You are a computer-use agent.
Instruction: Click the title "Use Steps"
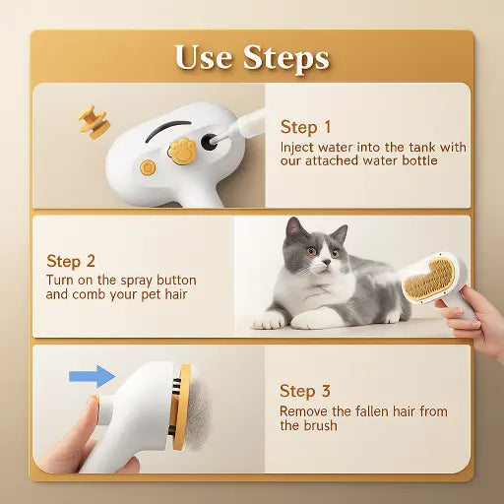[252, 56]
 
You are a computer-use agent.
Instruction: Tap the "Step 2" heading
[71, 261]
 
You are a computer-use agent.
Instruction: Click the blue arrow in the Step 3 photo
[92, 375]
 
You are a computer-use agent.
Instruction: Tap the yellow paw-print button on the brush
[184, 151]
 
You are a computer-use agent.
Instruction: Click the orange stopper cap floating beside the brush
[94, 120]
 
